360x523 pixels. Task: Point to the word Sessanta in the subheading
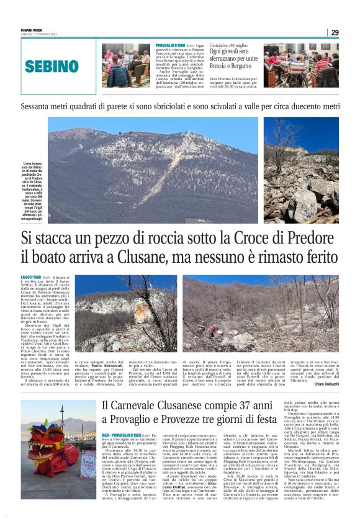coord(39,106)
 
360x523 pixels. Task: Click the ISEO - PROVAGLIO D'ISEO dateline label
coord(121,418)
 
